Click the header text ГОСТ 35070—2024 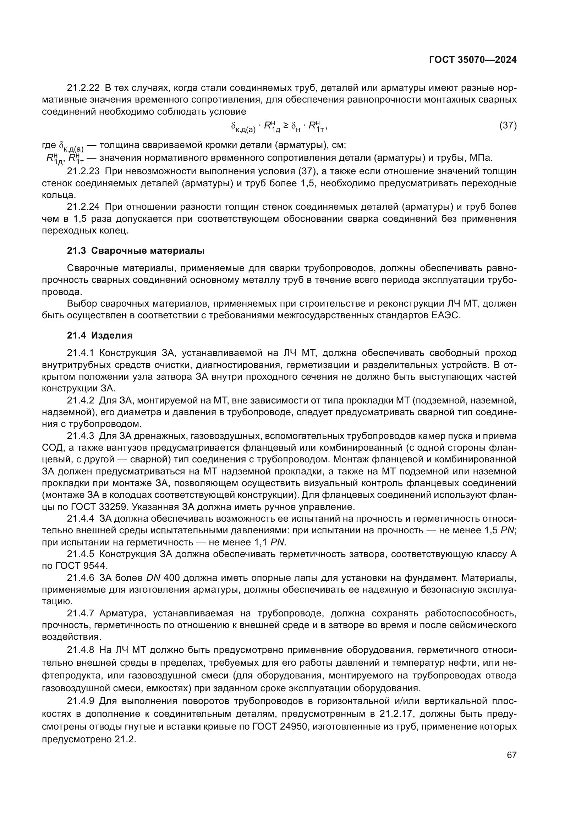(472, 60)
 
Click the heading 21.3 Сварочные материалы (136, 251)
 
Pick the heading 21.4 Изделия (100, 335)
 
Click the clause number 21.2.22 (83, 88)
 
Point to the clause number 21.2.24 (83, 207)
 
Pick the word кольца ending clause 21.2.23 (59, 195)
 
